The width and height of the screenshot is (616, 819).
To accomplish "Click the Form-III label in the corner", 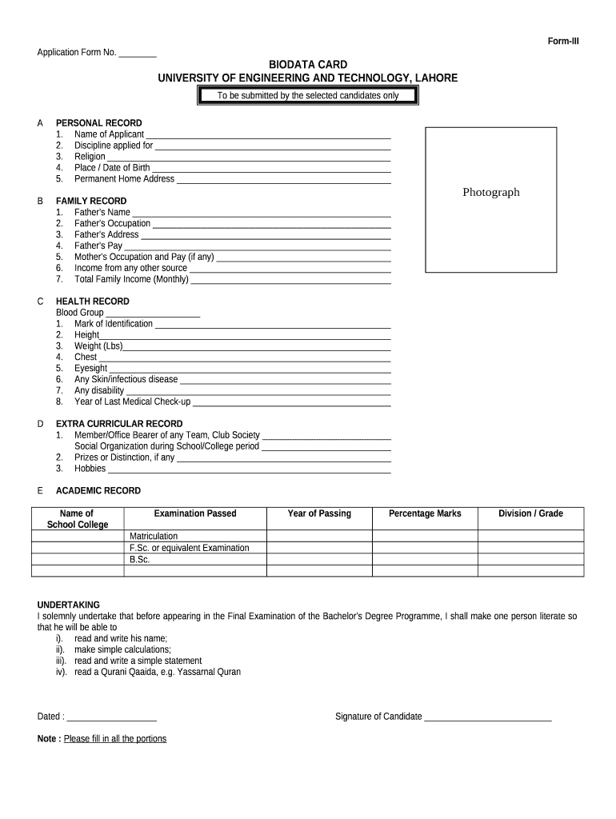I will [562, 42].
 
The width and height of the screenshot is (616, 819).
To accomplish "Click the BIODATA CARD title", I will [307, 64].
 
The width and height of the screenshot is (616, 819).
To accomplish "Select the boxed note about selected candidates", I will [308, 96].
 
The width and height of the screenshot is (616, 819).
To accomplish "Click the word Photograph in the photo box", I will [490, 192].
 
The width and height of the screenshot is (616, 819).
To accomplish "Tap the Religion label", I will [90, 157].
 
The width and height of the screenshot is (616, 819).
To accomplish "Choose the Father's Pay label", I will [98, 246].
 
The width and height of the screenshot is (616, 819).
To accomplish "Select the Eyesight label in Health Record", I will [90, 368].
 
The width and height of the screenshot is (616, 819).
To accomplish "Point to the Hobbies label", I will [90, 469].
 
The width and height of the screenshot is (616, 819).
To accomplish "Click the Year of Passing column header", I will [319, 513].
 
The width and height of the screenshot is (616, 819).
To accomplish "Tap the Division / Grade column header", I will [530, 513].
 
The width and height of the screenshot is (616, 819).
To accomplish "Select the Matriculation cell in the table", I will [154, 536].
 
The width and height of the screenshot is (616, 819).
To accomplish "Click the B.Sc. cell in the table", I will [140, 560].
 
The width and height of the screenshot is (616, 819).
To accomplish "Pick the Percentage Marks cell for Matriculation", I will [425, 536].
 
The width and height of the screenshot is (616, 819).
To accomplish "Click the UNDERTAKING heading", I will [69, 605].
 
